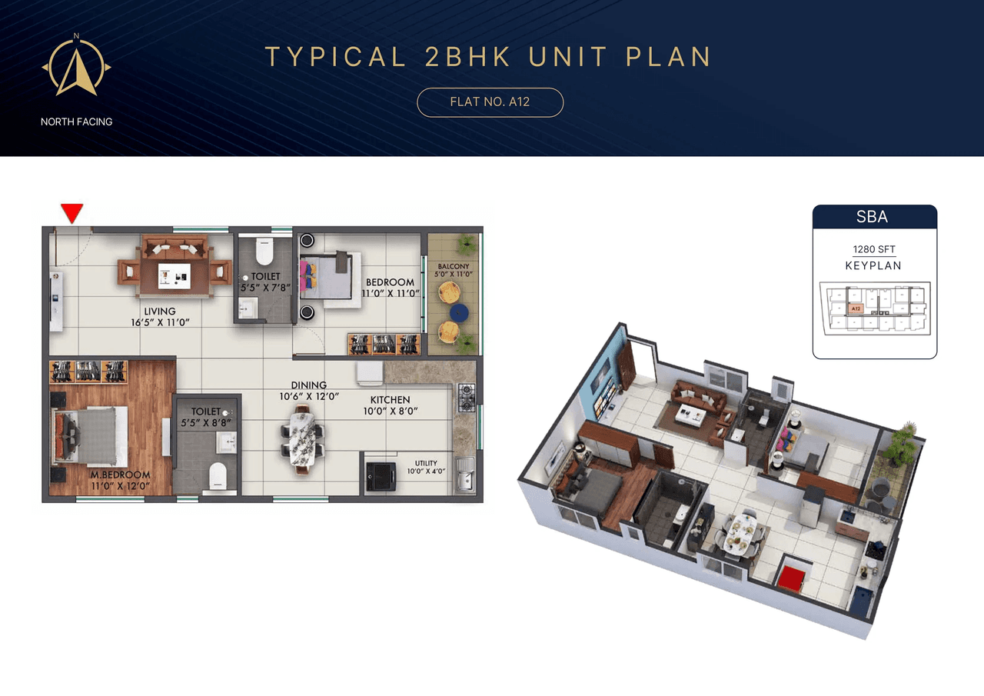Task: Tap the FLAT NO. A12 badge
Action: [x=490, y=102]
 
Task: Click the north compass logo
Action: [x=76, y=68]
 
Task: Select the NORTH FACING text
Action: [x=77, y=122]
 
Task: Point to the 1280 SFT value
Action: [x=874, y=249]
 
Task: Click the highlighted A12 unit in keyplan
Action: [x=855, y=308]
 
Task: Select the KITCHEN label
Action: [x=390, y=400]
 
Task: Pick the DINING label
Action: [x=308, y=385]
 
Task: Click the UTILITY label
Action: [x=426, y=464]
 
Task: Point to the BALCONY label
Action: [x=454, y=267]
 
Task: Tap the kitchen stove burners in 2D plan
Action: [x=467, y=397]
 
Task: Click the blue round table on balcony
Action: [x=458, y=311]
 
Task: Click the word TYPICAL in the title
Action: [x=336, y=57]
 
